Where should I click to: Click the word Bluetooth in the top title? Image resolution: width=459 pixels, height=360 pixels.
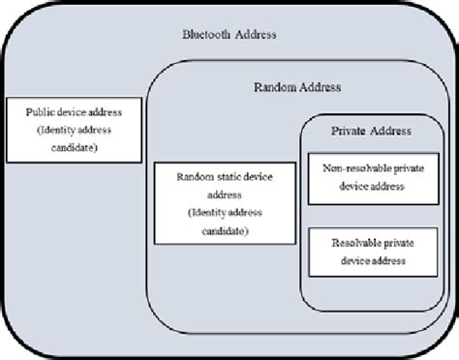coord(205,35)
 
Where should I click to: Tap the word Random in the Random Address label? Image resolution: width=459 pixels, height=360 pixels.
coord(273,87)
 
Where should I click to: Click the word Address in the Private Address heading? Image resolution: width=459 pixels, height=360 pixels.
coord(391,131)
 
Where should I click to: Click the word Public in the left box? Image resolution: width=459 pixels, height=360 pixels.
coord(41,112)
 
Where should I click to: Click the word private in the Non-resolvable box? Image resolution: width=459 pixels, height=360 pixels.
coord(408,167)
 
